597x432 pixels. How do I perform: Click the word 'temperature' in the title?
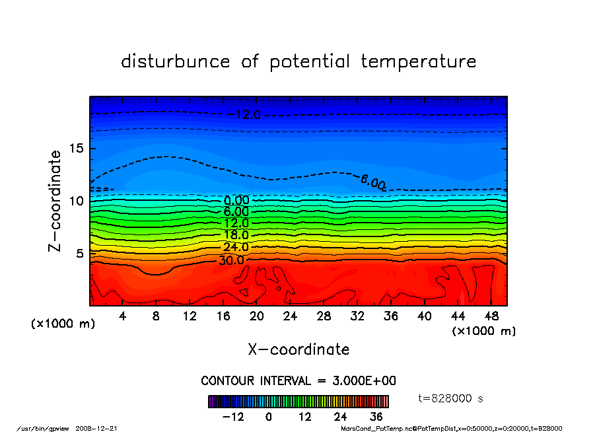(x=418, y=62)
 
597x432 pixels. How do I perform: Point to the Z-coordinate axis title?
(x=55, y=201)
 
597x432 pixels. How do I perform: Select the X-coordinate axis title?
(x=298, y=349)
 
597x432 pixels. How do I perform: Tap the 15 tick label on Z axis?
(x=76, y=148)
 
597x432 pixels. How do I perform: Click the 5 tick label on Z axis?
(x=80, y=253)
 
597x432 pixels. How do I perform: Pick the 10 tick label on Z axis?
(x=76, y=201)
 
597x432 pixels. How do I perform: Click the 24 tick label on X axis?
(x=290, y=316)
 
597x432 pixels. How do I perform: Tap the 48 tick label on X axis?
(x=491, y=316)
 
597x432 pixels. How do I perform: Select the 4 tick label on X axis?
(x=123, y=316)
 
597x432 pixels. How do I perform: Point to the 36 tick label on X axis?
(x=390, y=316)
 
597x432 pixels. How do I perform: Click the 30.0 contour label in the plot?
(x=232, y=260)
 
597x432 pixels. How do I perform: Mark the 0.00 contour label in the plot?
(x=236, y=200)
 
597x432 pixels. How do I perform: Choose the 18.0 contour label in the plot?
(x=236, y=235)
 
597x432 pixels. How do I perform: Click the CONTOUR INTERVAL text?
(x=298, y=381)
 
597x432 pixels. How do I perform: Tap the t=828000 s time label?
(x=451, y=398)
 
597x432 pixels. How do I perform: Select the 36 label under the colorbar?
(x=376, y=417)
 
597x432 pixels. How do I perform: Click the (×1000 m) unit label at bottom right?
(x=484, y=331)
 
